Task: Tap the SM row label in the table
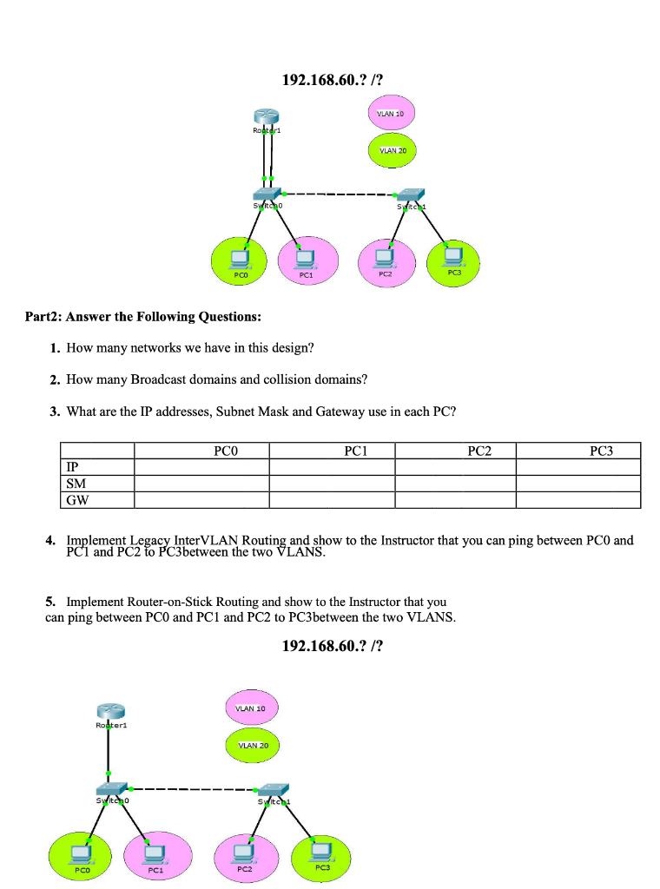pyautogui.click(x=76, y=483)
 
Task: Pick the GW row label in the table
pyautogui.click(x=77, y=499)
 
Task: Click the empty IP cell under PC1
pyautogui.click(x=332, y=466)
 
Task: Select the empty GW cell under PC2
pyautogui.click(x=455, y=499)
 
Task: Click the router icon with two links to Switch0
pyautogui.click(x=266, y=117)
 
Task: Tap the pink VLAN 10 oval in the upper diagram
pyautogui.click(x=392, y=114)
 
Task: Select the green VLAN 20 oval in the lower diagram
pyautogui.click(x=253, y=745)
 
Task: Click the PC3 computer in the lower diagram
pyautogui.click(x=320, y=852)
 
